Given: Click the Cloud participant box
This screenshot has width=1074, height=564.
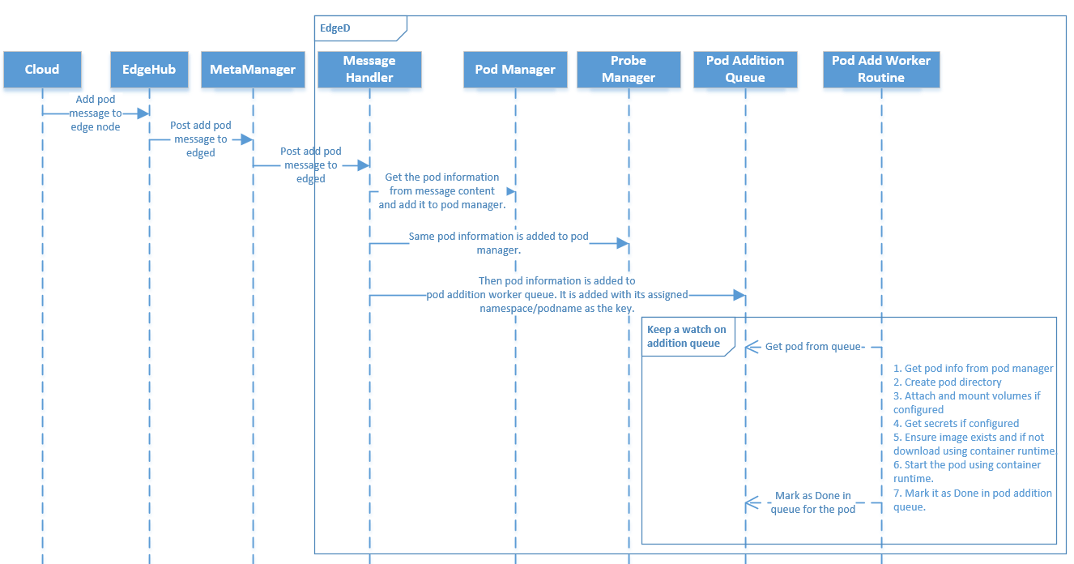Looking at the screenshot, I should (x=42, y=70).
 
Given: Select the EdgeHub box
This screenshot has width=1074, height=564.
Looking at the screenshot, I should (x=149, y=70).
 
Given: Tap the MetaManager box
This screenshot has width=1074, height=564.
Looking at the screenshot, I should (x=253, y=70).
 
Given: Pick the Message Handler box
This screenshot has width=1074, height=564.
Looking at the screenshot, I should (x=369, y=70).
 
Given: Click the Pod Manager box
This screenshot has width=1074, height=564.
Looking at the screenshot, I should (x=515, y=70).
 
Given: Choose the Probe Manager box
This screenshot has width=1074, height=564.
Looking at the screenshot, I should (x=629, y=70).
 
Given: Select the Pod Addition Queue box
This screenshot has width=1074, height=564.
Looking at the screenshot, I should (x=745, y=70).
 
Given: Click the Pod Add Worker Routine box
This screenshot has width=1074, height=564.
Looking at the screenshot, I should (x=881, y=70).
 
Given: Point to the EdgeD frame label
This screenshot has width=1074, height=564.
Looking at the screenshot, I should (x=335, y=28).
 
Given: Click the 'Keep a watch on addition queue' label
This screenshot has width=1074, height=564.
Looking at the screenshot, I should (x=686, y=336).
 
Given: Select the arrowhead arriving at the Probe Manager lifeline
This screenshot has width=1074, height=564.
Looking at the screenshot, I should (x=622, y=243).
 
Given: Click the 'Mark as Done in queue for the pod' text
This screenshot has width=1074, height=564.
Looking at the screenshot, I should (x=812, y=502).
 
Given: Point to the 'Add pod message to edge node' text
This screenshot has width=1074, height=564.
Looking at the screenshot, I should (x=96, y=113).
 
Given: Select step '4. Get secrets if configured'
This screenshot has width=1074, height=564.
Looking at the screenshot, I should (x=956, y=423).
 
